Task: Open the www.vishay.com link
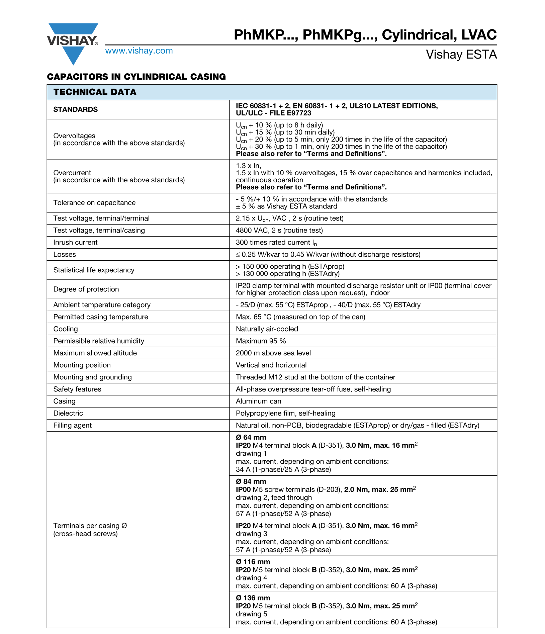pos(139,51)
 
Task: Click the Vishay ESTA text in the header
pos(461,55)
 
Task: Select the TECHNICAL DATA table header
pos(95,92)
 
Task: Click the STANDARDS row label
pos(76,109)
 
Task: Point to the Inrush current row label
pos(76,242)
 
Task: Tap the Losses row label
pos(65,254)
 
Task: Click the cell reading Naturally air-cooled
pos(267,329)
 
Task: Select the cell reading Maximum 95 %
pos(261,341)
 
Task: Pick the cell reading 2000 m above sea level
pos(273,353)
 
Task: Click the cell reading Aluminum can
pos(258,401)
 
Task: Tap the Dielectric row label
pos(68,413)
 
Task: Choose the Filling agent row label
pos(73,425)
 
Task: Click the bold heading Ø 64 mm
pos(251,437)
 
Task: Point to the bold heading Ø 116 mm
pos(253,562)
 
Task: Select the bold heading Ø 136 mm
pos(253,598)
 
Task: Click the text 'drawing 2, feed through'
pos(274,497)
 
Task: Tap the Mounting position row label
pos(82,365)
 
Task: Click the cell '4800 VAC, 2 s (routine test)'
pos(279,230)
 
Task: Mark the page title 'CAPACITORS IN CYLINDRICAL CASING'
pos(136,77)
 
